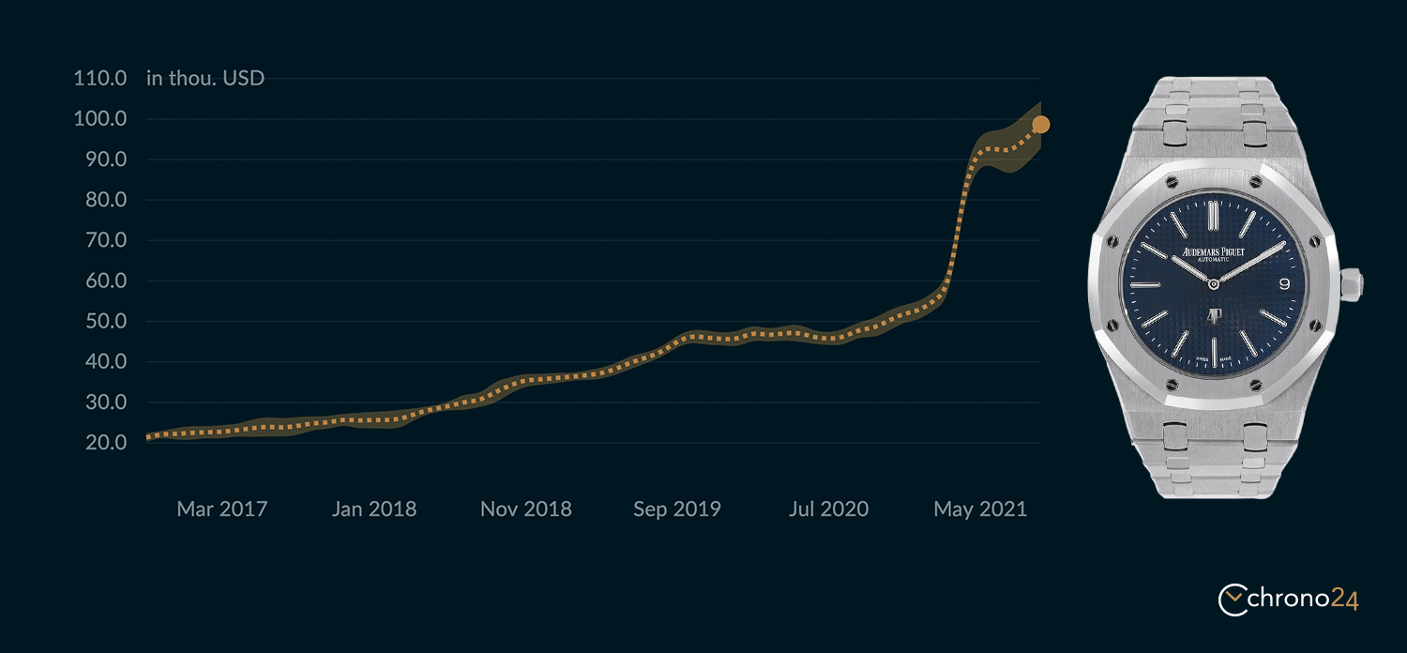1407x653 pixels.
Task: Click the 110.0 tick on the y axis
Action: click(99, 78)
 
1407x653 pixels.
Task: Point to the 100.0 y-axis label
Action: click(99, 118)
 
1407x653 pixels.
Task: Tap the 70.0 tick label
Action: click(105, 239)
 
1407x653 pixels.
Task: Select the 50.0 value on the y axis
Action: click(105, 321)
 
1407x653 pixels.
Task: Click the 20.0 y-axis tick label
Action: click(105, 442)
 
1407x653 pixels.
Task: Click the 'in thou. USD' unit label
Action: click(204, 78)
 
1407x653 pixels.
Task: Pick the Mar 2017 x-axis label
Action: click(221, 509)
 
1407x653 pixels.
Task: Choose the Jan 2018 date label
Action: click(373, 509)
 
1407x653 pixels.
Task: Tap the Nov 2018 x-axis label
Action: click(525, 509)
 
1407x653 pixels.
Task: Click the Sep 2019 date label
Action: click(676, 509)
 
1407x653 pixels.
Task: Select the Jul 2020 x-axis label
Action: click(828, 509)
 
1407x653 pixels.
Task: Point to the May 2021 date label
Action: click(980, 509)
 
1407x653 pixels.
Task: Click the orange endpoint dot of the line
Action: click(1041, 125)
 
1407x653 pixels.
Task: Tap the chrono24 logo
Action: click(1288, 599)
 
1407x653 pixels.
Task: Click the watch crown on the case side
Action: click(1351, 284)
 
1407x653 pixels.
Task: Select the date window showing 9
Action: click(1284, 284)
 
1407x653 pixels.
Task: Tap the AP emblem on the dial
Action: click(1214, 315)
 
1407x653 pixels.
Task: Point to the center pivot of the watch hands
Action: click(1214, 284)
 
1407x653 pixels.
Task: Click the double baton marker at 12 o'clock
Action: click(1213, 216)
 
